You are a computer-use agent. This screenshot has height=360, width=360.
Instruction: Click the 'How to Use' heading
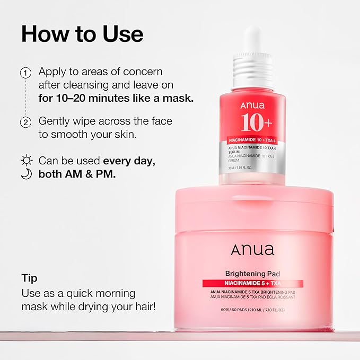(x=82, y=34)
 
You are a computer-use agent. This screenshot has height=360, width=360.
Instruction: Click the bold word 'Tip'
(x=29, y=278)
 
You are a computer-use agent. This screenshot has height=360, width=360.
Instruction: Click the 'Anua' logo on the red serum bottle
(x=252, y=106)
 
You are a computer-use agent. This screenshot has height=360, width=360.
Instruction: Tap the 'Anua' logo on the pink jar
(x=252, y=250)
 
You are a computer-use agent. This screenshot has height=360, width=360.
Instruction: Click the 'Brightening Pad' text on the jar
(x=253, y=275)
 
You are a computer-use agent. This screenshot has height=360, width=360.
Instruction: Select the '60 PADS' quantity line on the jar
(x=253, y=309)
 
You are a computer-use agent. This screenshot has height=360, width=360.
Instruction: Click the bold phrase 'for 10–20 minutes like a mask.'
(x=116, y=98)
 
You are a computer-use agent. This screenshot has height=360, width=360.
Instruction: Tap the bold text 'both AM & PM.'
(x=76, y=173)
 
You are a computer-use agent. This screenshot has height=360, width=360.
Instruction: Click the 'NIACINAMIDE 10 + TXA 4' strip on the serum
(x=252, y=140)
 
